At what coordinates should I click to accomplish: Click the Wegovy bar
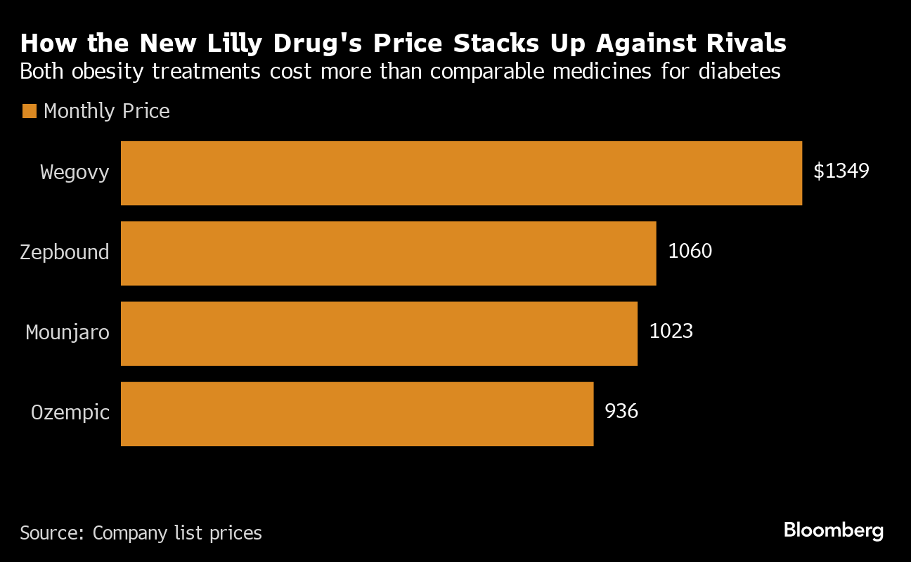pos(461,173)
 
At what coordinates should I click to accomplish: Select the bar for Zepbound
pos(388,253)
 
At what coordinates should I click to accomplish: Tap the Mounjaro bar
pos(379,334)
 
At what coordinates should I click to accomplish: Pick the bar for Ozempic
pos(357,414)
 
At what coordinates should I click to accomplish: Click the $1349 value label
pos(841,171)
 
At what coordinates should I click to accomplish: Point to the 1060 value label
pos(690,251)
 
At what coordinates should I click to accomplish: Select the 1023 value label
pos(671,331)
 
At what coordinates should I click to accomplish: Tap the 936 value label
pos(621,411)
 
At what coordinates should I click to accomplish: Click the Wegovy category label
pos(75,172)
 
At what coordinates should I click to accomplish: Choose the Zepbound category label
pos(65,252)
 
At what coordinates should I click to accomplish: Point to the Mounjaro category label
pos(67,332)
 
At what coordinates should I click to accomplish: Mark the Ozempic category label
pos(70,412)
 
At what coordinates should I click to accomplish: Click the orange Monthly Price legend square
pos(29,111)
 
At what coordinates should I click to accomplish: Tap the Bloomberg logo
pos(834,530)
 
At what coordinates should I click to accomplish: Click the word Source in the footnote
pos(51,533)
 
